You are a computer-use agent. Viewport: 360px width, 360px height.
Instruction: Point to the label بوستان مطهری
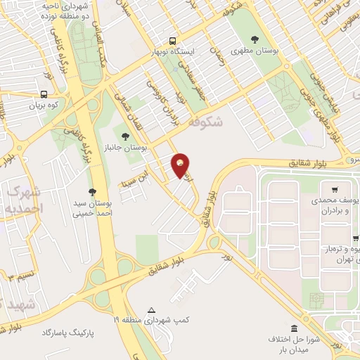(x=255, y=52)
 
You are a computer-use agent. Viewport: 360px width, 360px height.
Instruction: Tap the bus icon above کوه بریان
(x=44, y=94)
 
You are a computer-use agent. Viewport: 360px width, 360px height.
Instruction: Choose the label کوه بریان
(x=45, y=105)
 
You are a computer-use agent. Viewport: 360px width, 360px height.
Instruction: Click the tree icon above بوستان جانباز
(x=125, y=136)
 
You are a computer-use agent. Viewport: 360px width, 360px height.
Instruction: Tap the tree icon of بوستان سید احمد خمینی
(x=92, y=191)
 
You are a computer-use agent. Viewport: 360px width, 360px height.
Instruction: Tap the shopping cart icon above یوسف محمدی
(x=335, y=189)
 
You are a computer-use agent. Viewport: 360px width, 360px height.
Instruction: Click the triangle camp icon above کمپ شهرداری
(x=151, y=310)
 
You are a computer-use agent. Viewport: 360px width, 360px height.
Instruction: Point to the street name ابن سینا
(x=153, y=170)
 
